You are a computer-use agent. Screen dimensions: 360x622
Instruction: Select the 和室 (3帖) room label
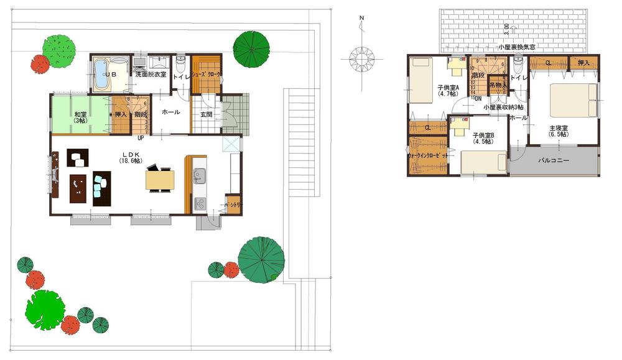pos(80,117)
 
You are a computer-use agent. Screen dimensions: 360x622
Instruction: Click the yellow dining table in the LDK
pos(160,180)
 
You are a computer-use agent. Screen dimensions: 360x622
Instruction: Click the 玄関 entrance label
pos(207,114)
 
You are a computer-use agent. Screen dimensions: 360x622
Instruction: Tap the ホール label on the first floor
pos(170,113)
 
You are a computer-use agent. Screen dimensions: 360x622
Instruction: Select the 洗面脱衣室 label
pos(151,75)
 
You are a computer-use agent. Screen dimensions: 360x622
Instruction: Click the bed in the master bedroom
pos(573,99)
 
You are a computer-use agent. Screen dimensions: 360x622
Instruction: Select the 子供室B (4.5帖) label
pos(483,138)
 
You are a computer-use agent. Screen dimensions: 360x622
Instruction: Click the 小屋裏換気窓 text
pos(517,47)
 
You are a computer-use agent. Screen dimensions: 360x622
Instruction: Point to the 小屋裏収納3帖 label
pos(504,107)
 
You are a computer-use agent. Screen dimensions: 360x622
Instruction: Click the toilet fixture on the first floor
pos(181,63)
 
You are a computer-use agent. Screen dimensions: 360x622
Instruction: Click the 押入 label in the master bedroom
pos(583,63)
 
